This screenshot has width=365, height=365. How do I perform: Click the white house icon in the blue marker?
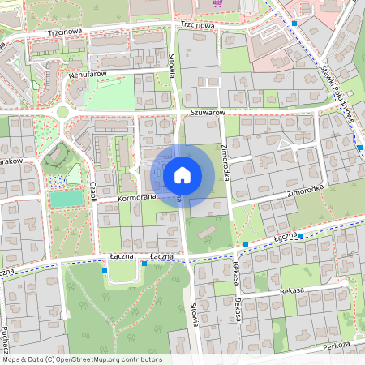[x=182, y=175]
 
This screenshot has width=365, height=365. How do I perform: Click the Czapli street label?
[x=94, y=192]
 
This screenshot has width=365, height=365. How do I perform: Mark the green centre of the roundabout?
[x=63, y=113]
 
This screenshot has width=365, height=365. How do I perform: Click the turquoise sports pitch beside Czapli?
[x=67, y=199]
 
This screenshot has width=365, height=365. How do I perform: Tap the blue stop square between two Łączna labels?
[x=144, y=263]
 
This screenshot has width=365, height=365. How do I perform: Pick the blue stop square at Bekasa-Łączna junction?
[x=245, y=243]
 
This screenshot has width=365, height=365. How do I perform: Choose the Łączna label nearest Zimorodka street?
[x=286, y=237]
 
